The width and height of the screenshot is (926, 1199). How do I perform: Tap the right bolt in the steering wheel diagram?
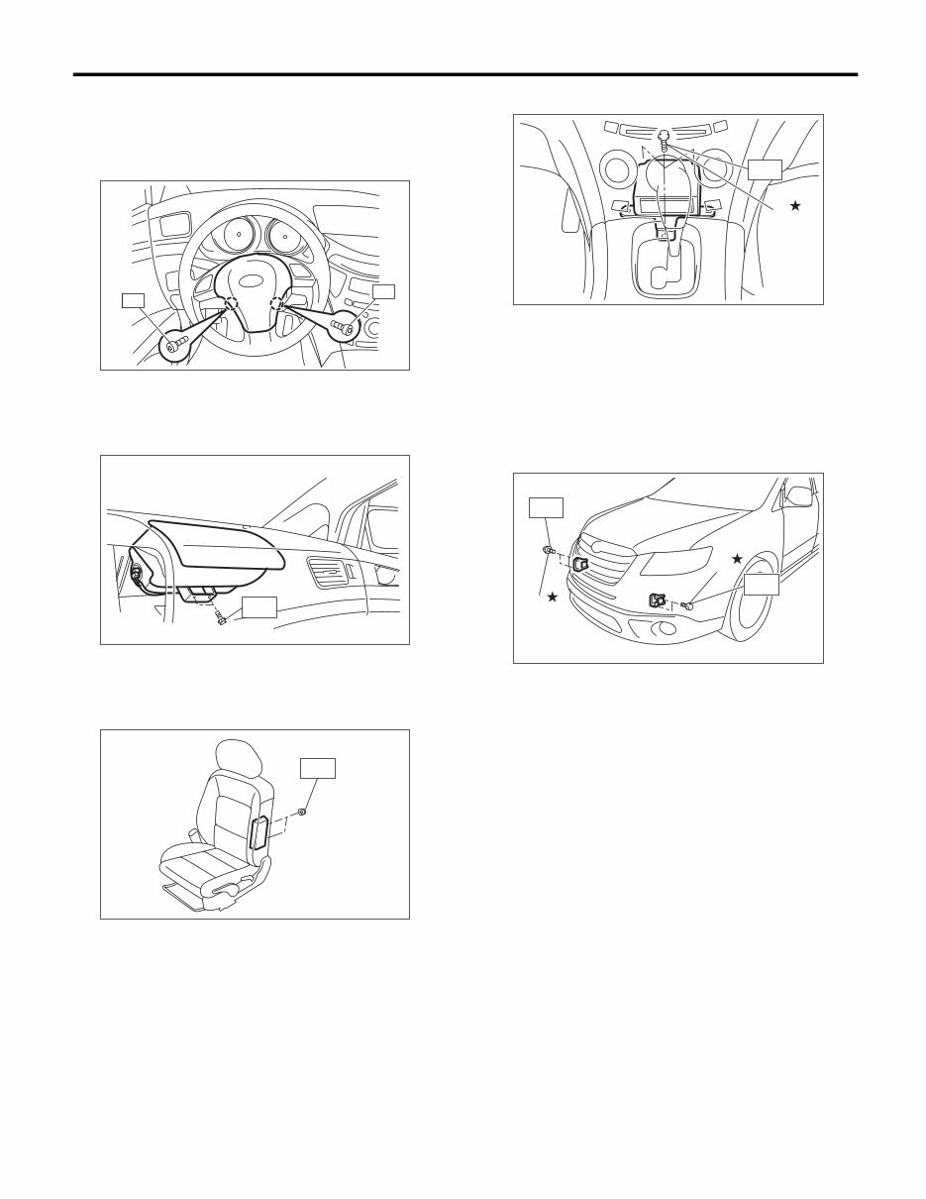pyautogui.click(x=346, y=326)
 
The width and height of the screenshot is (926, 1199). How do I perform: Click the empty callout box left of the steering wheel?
pyautogui.click(x=133, y=299)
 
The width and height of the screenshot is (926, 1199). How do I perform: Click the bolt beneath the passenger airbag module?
pyautogui.click(x=220, y=618)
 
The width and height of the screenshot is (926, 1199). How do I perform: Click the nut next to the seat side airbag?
pyautogui.click(x=302, y=812)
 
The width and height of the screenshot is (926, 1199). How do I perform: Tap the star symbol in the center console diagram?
pyautogui.click(x=793, y=205)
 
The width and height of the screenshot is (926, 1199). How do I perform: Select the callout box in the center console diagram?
pyautogui.click(x=764, y=168)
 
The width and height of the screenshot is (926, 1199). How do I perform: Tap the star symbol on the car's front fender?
pyautogui.click(x=736, y=560)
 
